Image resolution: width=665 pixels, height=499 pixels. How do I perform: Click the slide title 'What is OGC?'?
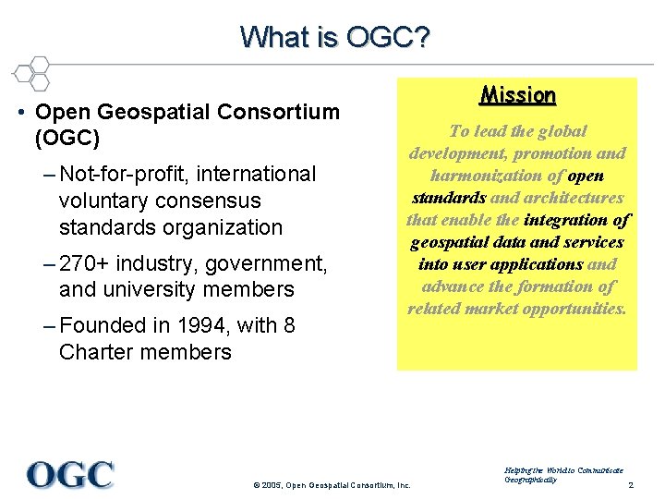pos(334,37)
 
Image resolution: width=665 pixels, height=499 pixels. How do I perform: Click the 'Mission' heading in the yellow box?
pos(517,95)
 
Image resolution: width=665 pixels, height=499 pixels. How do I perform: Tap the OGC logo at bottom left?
pos(70,474)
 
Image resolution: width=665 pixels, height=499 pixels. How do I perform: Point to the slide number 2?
pos(630,485)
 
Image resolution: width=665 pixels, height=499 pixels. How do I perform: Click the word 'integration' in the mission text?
pos(567,220)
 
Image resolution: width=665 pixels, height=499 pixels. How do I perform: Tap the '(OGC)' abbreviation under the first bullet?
pos(67,139)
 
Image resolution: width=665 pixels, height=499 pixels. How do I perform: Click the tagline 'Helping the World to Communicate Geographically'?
pos(563,475)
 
